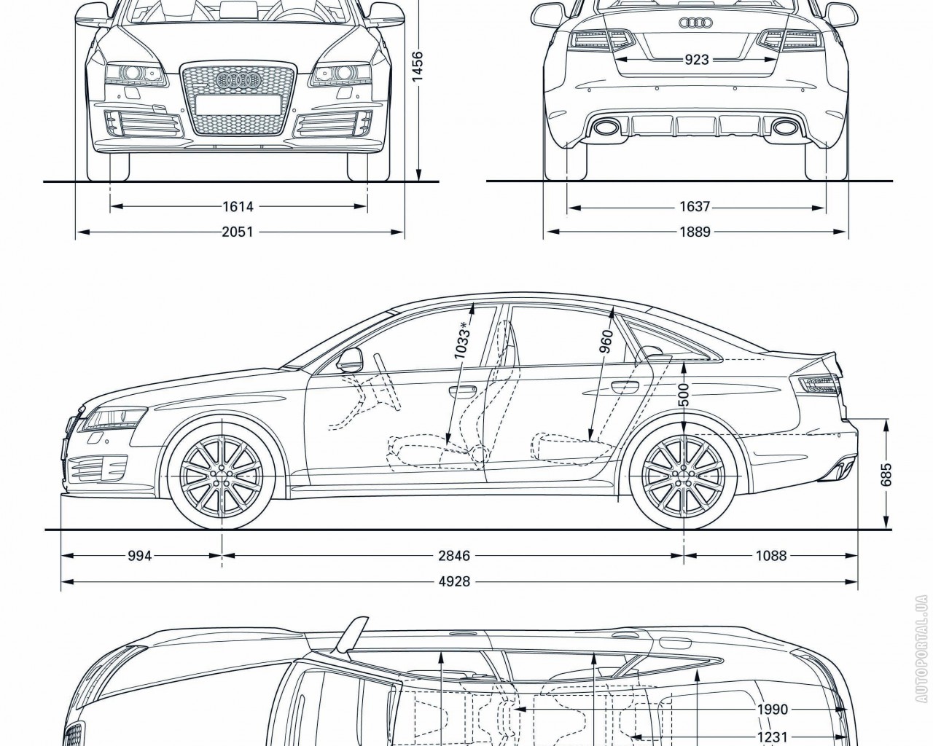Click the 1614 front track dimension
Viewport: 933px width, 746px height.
tap(238, 207)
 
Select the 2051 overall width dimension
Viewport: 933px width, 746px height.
tap(238, 232)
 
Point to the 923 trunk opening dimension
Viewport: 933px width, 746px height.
tap(697, 60)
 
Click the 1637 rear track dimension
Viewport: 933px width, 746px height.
tap(695, 207)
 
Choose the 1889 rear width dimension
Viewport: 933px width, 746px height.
tap(695, 232)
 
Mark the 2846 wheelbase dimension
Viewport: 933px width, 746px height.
tap(454, 556)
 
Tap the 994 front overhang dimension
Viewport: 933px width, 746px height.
tap(139, 556)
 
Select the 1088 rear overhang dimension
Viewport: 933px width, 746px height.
tap(771, 556)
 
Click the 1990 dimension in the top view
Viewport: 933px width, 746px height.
tap(773, 710)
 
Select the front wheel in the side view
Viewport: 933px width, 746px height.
tap(222, 474)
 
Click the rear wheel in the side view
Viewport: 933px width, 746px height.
tap(684, 474)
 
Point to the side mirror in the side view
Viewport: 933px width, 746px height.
tap(351, 361)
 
